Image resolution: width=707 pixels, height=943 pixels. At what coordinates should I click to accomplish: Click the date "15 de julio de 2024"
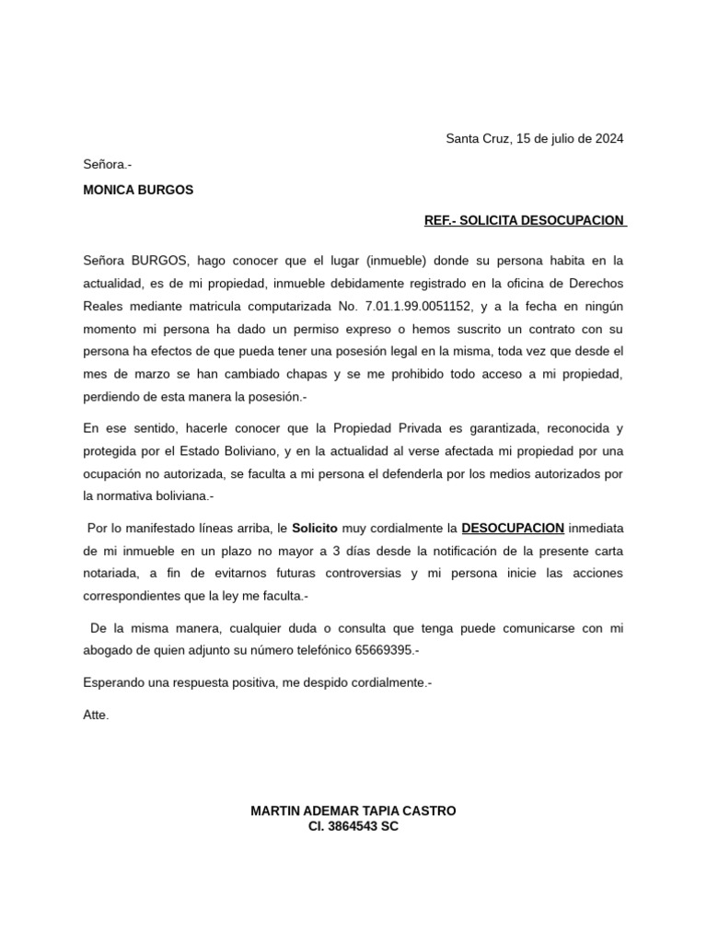tap(570, 139)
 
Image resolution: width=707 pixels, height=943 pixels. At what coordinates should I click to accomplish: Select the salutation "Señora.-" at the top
tap(107, 164)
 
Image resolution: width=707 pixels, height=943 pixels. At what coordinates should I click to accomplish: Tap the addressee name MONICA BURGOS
tap(138, 191)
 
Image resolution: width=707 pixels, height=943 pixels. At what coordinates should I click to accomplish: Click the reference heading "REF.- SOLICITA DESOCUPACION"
tap(524, 221)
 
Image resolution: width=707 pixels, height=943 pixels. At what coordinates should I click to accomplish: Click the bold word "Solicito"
tap(315, 529)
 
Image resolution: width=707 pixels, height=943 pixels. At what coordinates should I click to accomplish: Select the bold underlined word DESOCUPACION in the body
tap(513, 529)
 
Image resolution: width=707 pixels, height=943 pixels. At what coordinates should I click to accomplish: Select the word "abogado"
tap(108, 650)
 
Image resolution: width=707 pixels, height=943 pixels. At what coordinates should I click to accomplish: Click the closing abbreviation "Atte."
tap(96, 714)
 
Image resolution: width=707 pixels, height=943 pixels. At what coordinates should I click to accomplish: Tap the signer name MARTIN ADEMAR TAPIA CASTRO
tap(353, 810)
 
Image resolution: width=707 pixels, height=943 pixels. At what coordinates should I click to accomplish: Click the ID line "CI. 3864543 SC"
tap(353, 826)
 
